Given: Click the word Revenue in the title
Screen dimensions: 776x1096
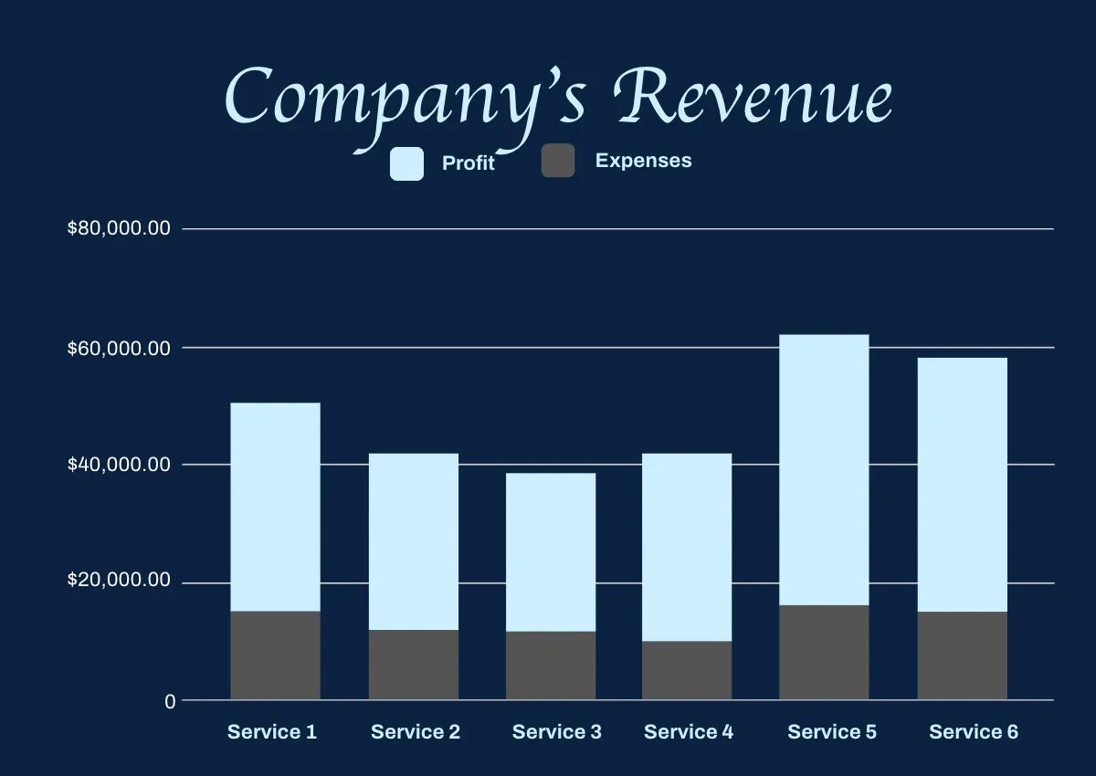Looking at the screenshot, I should [754, 97].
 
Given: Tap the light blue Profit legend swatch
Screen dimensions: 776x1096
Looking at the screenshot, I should [406, 163].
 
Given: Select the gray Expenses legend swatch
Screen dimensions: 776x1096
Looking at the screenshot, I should [558, 161].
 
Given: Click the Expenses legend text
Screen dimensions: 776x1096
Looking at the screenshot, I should [643, 161].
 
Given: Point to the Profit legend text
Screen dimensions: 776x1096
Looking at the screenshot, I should [468, 163].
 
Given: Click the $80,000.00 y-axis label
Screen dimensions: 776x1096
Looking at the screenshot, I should [119, 228].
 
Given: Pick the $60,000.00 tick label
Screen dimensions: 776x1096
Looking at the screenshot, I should [119, 348].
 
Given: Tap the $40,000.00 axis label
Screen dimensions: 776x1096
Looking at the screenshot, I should [119, 465].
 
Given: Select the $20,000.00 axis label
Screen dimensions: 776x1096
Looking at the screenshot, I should [119, 581].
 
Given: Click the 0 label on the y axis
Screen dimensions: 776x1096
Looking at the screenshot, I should [170, 701].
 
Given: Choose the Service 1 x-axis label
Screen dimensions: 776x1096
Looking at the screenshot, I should [272, 732].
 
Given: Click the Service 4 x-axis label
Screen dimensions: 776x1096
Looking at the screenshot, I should [689, 732].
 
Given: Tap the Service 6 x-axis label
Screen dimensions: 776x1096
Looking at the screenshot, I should [974, 732].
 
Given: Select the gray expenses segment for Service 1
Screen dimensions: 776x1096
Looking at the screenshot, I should [275, 655].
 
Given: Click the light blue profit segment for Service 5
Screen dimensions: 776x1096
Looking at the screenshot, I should [824, 469].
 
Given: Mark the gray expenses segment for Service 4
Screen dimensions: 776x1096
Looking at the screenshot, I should [687, 670].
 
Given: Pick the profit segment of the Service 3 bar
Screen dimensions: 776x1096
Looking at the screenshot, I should [551, 551].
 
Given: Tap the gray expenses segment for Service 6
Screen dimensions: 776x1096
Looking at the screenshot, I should [962, 655].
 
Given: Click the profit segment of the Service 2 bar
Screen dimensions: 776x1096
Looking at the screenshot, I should [414, 541].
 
